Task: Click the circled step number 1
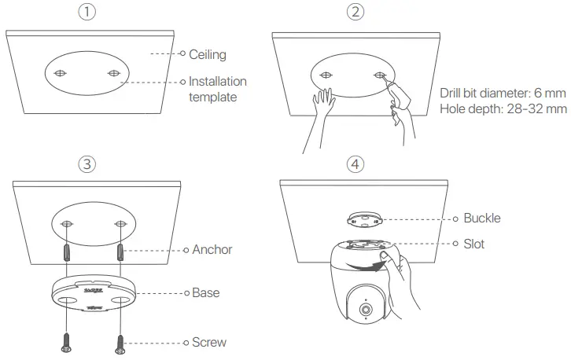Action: click(x=92, y=13)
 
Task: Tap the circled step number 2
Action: click(x=355, y=13)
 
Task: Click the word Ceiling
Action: click(x=208, y=54)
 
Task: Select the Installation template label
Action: click(x=217, y=89)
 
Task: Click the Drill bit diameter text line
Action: click(x=504, y=93)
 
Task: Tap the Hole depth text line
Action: click(x=504, y=108)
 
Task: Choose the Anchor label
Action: click(x=212, y=249)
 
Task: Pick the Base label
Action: click(x=206, y=292)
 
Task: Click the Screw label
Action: click(x=209, y=342)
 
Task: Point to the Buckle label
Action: click(x=482, y=218)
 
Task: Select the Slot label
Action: click(x=474, y=244)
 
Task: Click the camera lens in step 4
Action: click(x=366, y=310)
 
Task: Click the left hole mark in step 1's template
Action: click(x=61, y=74)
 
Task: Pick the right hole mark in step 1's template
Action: click(x=113, y=74)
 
